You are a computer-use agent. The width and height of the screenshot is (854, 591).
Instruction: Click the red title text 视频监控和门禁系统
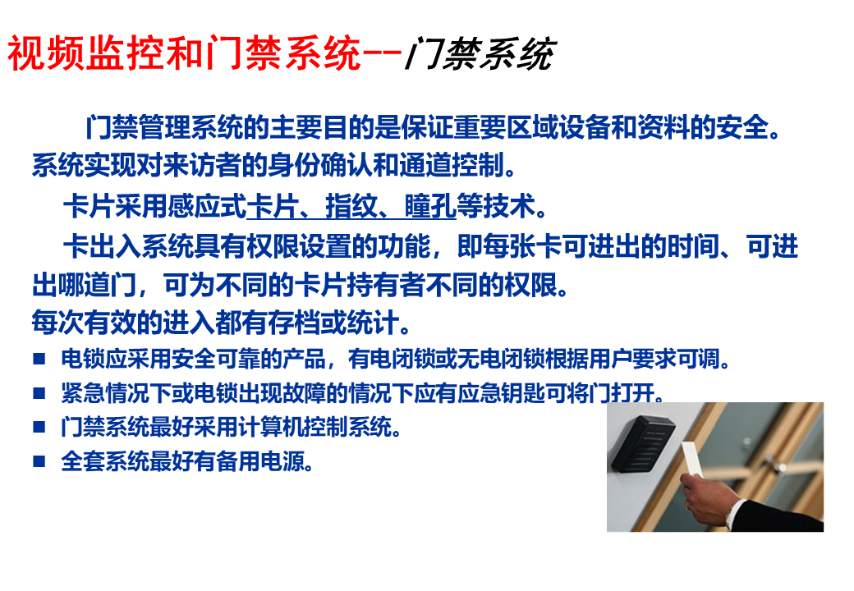coord(184,53)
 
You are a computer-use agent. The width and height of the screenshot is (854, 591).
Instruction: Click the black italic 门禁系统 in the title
coord(480,54)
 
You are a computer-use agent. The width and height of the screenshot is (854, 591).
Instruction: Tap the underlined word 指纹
coord(351,206)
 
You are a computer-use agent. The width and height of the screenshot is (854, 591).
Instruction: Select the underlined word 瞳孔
coord(430,206)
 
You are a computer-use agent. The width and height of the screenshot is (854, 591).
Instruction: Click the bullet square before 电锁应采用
coord(39,359)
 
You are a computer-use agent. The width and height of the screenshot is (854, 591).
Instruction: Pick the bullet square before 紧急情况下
coord(39,392)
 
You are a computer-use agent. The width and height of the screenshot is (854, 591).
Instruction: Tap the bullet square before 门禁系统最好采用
coord(39,427)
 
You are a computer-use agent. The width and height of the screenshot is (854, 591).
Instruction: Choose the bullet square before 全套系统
coord(39,461)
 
